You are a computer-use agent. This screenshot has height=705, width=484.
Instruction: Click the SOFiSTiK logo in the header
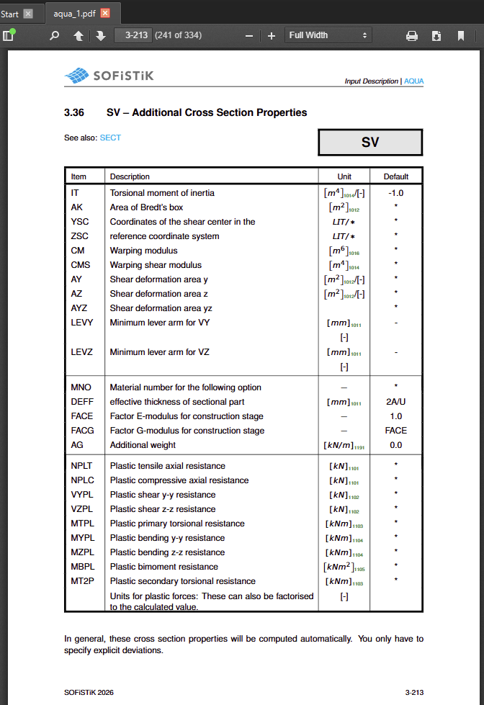click(109, 75)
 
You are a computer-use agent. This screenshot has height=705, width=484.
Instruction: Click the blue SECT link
click(110, 138)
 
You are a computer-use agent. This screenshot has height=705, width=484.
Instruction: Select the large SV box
click(370, 143)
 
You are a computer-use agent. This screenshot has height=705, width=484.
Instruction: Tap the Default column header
click(396, 176)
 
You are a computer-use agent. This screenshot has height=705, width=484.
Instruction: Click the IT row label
click(75, 193)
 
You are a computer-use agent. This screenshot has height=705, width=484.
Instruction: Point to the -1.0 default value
click(396, 193)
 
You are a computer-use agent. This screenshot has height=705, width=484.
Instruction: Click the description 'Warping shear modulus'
click(156, 265)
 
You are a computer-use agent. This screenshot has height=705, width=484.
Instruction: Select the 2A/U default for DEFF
click(396, 402)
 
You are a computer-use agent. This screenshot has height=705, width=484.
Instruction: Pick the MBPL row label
click(82, 567)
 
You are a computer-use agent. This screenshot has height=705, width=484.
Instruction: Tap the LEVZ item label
click(82, 352)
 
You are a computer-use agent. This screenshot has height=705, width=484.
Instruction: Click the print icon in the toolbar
click(412, 35)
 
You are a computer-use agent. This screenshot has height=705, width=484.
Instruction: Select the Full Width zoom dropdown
click(328, 35)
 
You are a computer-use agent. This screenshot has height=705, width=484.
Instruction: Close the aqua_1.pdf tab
click(105, 14)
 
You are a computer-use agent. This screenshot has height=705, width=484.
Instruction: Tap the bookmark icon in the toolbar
click(461, 35)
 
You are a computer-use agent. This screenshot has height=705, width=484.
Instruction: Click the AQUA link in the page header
click(414, 81)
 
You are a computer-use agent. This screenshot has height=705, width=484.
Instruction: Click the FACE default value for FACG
click(396, 431)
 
